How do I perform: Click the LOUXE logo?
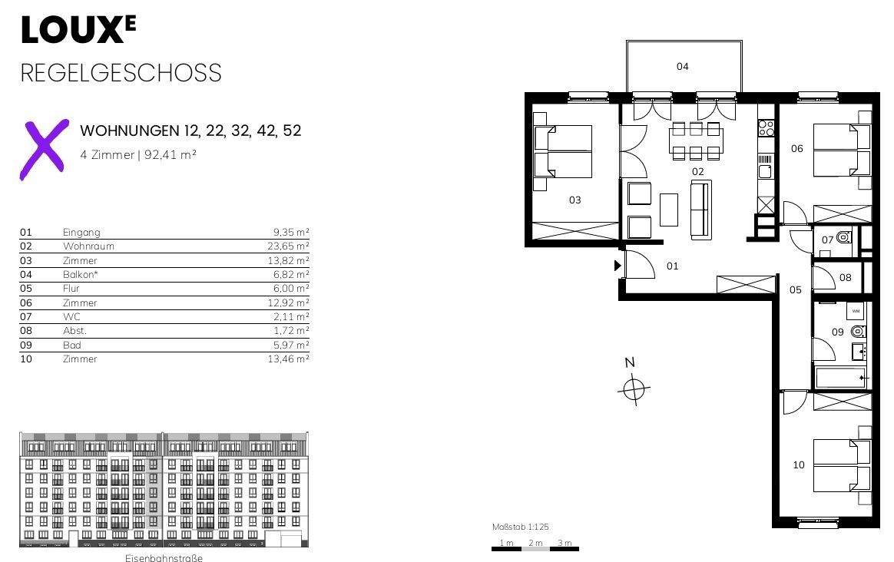click(78, 30)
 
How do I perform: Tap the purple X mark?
click(45, 150)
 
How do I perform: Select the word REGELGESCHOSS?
click(121, 73)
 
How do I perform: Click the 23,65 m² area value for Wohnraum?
click(288, 246)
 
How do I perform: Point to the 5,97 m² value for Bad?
click(291, 345)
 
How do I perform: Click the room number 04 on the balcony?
click(683, 67)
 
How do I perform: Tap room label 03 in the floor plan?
click(574, 200)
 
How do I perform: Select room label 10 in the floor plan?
click(799, 465)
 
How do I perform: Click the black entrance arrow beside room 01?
click(618, 266)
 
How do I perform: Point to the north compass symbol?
click(633, 389)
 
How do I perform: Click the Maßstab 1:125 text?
click(520, 527)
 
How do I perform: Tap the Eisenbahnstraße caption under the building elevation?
click(164, 558)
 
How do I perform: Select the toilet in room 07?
click(844, 239)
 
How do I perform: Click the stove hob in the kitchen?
click(766, 127)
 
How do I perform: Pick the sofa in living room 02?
click(701, 209)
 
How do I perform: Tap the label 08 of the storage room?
click(846, 278)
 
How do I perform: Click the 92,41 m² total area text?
click(171, 154)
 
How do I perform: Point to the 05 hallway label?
click(796, 290)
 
